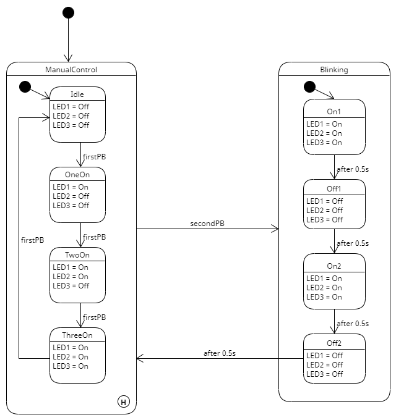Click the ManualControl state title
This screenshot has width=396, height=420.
pyautogui.click(x=71, y=69)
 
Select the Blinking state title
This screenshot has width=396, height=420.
pyautogui.click(x=334, y=69)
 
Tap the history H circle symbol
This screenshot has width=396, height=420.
pyautogui.click(x=124, y=402)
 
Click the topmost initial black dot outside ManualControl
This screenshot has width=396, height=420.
pyautogui.click(x=68, y=13)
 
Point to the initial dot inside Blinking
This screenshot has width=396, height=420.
pyautogui.click(x=309, y=86)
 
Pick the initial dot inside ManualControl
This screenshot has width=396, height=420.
pyautogui.click(x=25, y=86)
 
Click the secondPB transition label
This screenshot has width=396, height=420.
pyautogui.click(x=207, y=223)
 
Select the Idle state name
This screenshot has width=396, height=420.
pyautogui.click(x=77, y=94)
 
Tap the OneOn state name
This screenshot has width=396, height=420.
pyautogui.click(x=77, y=174)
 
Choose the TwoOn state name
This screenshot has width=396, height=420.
pyautogui.click(x=77, y=254)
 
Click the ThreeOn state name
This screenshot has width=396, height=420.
pyautogui.click(x=77, y=335)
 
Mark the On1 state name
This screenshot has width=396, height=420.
pyautogui.click(x=334, y=112)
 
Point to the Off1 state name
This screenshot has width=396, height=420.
pyautogui.click(x=334, y=188)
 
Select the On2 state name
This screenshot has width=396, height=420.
pyautogui.click(x=334, y=266)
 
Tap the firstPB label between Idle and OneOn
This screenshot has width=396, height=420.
pyautogui.click(x=95, y=157)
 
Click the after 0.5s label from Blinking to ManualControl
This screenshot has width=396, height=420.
pyautogui.click(x=220, y=353)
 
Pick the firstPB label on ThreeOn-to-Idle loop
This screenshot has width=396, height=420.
pyautogui.click(x=32, y=238)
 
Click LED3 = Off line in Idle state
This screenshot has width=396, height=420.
pyautogui.click(x=71, y=125)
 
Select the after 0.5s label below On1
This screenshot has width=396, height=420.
pyautogui.click(x=352, y=169)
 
